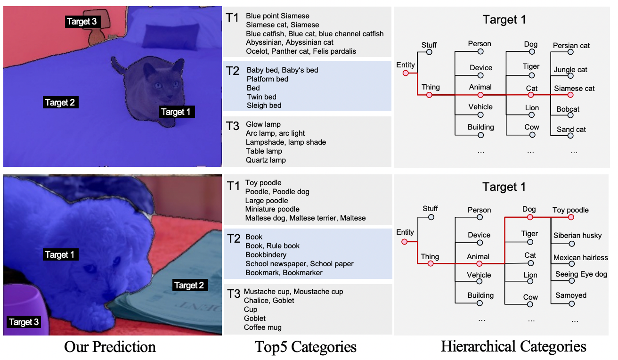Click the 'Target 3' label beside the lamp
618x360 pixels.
point(82,21)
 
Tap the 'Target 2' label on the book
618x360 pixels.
point(189,285)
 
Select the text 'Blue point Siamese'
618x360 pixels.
point(271,16)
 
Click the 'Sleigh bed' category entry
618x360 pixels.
point(264,106)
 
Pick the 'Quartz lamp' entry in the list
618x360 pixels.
point(266,160)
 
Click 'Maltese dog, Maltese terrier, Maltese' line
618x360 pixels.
point(305,218)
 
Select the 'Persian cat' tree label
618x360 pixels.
point(571,46)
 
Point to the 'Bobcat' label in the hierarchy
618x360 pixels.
point(568,109)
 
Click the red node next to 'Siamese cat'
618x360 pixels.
point(570,95)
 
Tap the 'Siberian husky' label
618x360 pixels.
point(577,236)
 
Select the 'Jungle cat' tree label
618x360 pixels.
point(570,70)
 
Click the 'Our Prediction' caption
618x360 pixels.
point(110,347)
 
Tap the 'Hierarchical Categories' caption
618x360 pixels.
point(513,347)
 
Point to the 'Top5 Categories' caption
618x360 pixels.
point(306,347)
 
